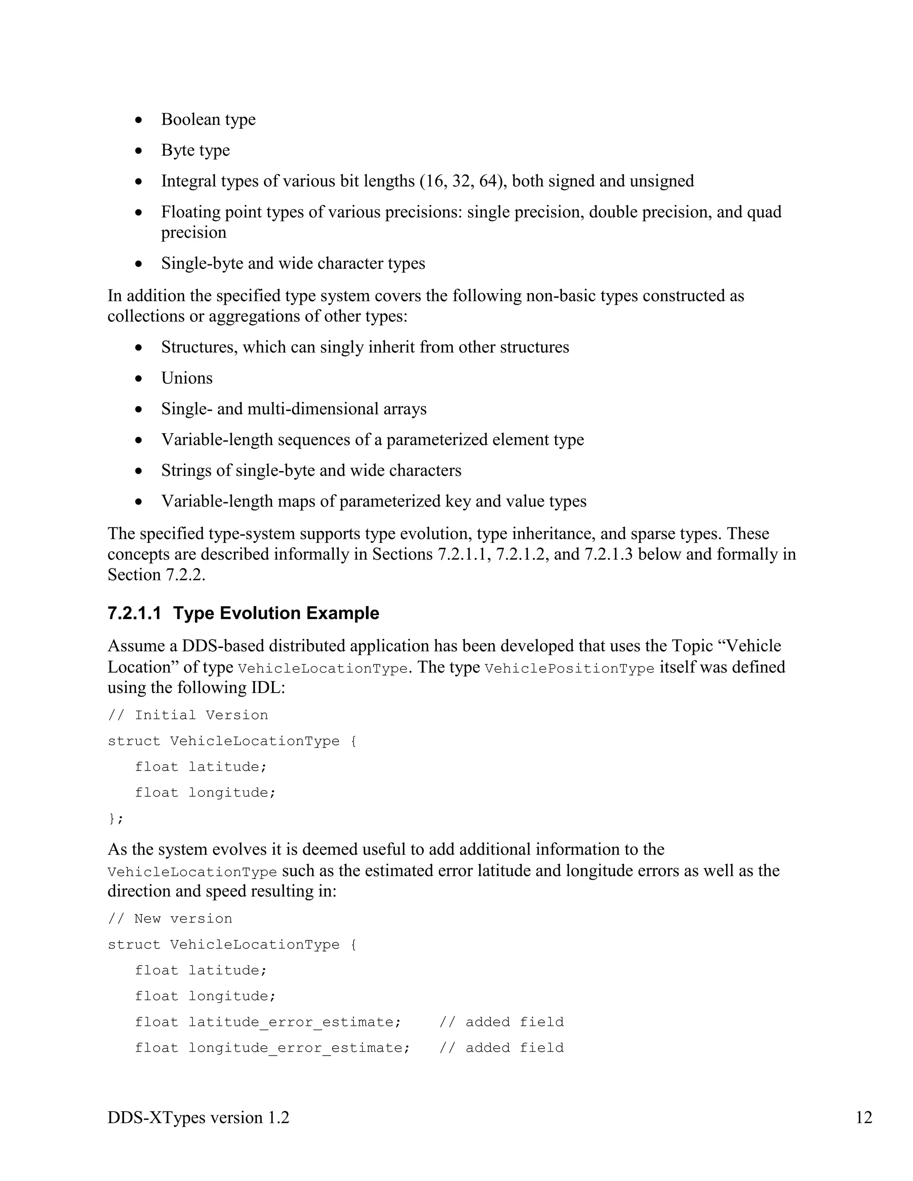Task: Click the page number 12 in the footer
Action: click(864, 1118)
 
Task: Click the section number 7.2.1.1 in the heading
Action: click(134, 613)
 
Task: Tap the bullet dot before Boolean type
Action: click(139, 120)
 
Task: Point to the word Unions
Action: click(187, 378)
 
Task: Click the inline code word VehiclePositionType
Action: click(570, 668)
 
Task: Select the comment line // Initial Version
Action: click(188, 715)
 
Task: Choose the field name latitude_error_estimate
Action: click(295, 1022)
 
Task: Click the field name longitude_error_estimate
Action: click(299, 1048)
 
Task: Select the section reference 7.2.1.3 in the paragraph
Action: click(609, 554)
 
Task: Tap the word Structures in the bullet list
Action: click(199, 347)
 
